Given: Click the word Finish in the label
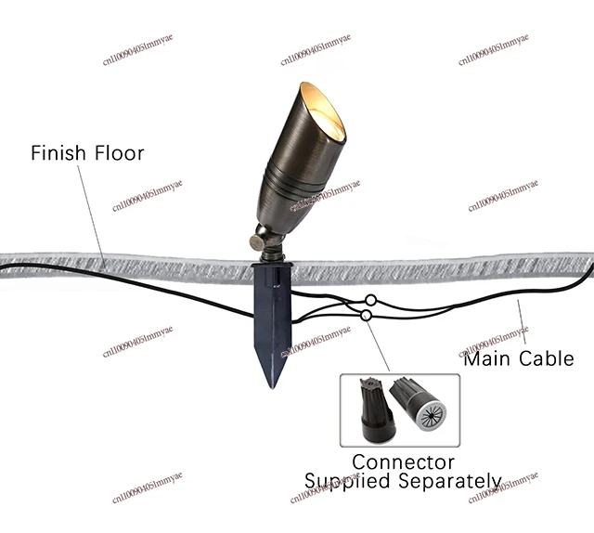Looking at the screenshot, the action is pos(58,152).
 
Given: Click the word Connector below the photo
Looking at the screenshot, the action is pos(403,461).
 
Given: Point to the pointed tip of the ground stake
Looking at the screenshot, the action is pos(272,383).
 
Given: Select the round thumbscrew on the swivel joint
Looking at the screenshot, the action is pos(256,242).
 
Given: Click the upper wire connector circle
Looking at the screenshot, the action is pos(370,300).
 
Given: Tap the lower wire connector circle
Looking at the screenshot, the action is pos(367,316).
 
